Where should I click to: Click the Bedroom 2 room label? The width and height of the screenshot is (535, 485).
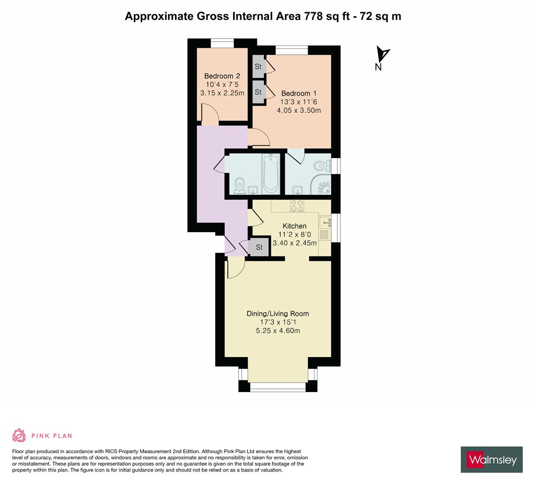pos(222,76)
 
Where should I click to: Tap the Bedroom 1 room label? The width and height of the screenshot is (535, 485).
pos(296,93)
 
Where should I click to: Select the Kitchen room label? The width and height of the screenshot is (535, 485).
pos(294,226)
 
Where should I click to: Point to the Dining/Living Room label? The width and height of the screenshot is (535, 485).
pos(278,314)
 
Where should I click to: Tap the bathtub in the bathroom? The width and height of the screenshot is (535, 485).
pos(270,173)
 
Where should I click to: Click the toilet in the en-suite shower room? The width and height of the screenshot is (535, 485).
pos(321,165)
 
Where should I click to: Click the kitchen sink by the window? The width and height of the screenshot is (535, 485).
pos(324,222)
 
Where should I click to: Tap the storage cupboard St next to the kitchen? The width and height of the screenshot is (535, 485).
pos(259,247)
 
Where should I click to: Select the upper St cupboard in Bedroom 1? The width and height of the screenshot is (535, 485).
pos(258,66)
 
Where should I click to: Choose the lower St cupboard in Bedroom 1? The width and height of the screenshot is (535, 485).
pos(258,92)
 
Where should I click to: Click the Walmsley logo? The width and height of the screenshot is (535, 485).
pos(491,459)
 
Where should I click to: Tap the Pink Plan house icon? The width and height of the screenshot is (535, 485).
pos(19,435)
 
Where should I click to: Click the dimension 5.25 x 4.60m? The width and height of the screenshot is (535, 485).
pos(278,331)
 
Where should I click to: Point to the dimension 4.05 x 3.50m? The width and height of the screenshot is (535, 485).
pos(299,110)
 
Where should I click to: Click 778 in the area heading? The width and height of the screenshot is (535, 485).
pos(313,17)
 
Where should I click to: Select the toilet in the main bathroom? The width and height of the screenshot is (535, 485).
pos(239,184)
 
